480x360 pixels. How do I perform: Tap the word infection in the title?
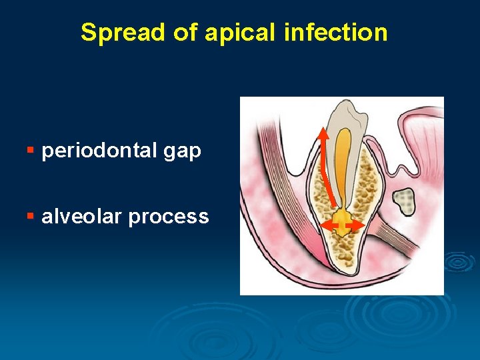(335, 32)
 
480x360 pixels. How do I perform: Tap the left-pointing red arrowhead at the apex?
(325, 227)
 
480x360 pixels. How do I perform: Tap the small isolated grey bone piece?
(403, 199)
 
